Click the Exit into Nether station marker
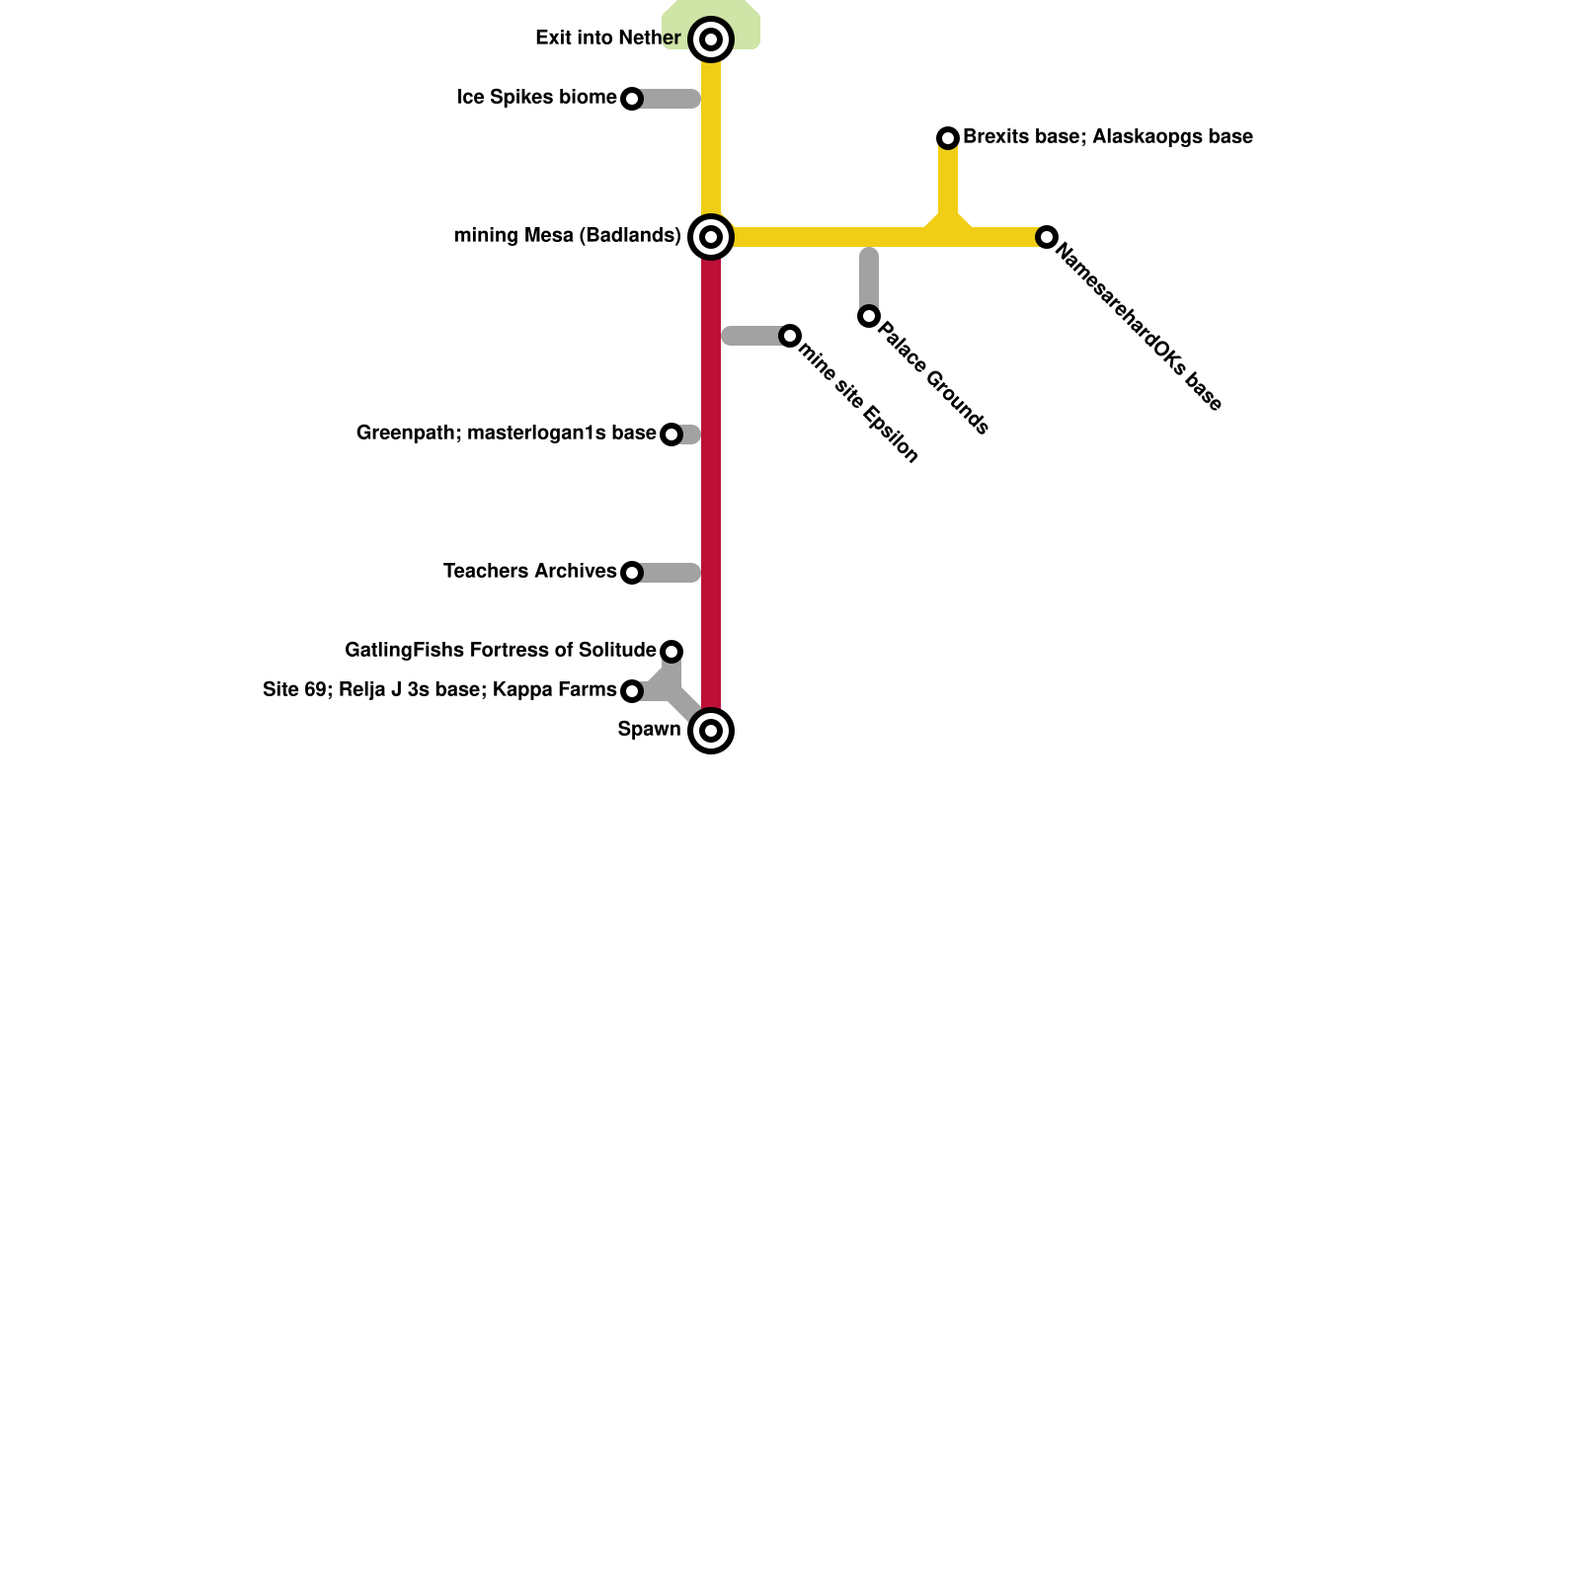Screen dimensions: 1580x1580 click(711, 39)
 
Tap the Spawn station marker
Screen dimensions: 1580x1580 click(711, 731)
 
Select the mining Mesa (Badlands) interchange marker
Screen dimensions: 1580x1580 click(711, 237)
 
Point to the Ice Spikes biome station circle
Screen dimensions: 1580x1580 click(632, 99)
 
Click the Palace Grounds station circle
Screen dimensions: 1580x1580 click(869, 316)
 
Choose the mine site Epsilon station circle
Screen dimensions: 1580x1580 click(790, 336)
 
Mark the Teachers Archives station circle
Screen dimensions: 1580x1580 click(632, 573)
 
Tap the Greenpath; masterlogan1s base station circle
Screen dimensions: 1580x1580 click(671, 434)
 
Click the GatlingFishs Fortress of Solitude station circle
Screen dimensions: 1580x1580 click(671, 652)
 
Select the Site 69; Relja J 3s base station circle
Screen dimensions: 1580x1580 click(632, 691)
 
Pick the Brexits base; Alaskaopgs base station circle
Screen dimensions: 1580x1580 click(948, 138)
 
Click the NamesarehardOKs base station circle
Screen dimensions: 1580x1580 click(1047, 237)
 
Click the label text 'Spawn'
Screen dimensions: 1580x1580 click(649, 730)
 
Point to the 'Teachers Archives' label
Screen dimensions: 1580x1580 click(529, 572)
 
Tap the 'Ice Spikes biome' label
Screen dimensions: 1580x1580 click(536, 98)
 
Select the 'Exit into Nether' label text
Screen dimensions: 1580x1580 click(607, 39)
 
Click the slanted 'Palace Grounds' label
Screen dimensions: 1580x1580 click(933, 378)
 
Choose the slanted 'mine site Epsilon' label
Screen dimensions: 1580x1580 click(859, 402)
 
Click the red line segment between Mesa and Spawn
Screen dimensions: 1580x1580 click(711, 494)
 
